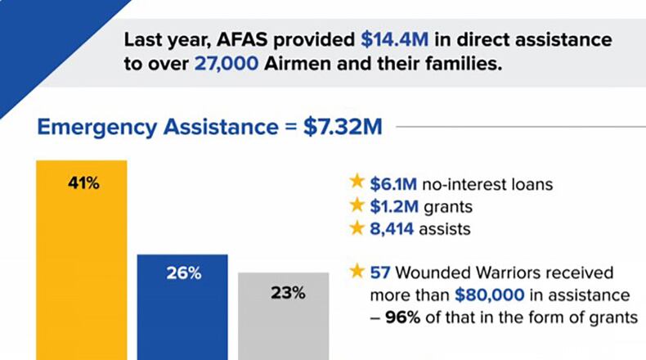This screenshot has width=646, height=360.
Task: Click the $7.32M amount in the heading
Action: [343, 128]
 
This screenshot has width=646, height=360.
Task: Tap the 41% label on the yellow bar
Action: [83, 183]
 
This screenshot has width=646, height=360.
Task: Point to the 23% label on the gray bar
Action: [285, 292]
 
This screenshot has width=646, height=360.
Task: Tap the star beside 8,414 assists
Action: [356, 229]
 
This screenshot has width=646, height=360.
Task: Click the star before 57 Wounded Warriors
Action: [356, 271]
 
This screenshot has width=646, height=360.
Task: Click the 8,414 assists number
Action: [393, 230]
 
